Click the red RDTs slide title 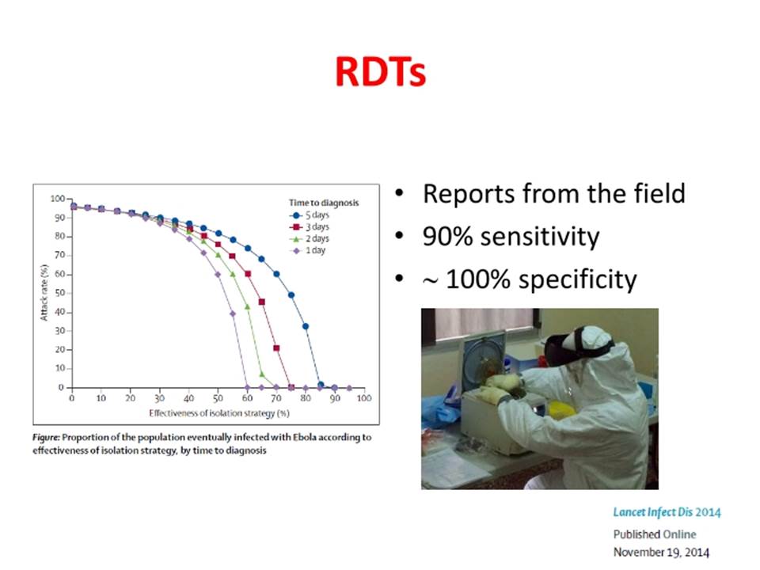tap(381, 72)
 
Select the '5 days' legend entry tap(310, 215)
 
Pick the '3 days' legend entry tap(310, 227)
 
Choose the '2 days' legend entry tap(310, 238)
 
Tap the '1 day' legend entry tap(308, 251)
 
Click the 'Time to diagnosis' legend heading tap(324, 203)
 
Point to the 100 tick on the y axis tap(57, 199)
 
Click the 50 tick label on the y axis tap(59, 293)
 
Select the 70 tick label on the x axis tap(276, 398)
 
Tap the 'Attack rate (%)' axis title tap(44, 292)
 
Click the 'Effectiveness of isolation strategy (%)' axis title tap(219, 413)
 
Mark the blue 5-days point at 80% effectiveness tap(306, 327)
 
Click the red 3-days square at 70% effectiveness tap(276, 348)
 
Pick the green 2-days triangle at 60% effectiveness tap(247, 307)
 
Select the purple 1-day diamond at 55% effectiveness tap(233, 313)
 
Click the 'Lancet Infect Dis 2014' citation tap(667, 512)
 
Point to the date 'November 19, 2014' tap(661, 552)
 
